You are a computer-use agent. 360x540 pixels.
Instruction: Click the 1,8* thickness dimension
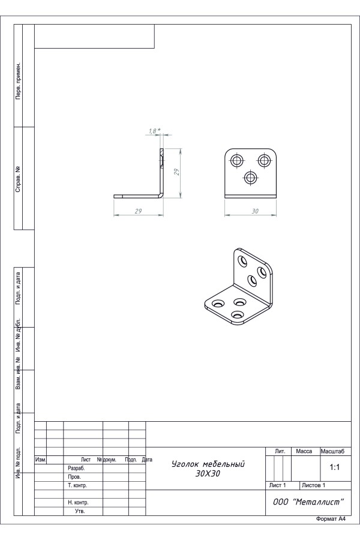coord(155,131)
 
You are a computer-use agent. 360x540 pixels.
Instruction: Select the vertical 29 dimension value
coord(177,172)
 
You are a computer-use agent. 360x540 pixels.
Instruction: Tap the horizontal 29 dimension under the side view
coord(138,211)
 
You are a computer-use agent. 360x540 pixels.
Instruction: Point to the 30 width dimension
coord(255,211)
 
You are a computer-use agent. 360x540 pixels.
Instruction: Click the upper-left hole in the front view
coord(237,160)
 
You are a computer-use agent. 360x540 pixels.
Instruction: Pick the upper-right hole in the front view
coord(264,160)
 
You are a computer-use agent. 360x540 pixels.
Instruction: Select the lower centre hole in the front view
coord(250,178)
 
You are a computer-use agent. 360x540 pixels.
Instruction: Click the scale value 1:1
coord(335,467)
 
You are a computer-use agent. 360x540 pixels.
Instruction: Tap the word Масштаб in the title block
coord(332,451)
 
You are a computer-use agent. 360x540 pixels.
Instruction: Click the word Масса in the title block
coord(304,451)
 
